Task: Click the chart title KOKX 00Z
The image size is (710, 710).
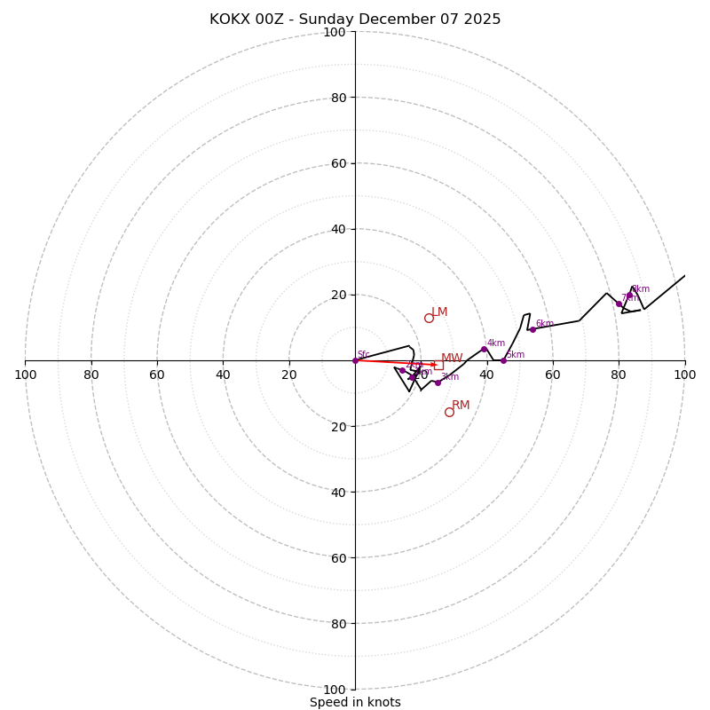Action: (355, 20)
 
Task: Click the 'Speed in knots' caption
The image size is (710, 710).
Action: (355, 702)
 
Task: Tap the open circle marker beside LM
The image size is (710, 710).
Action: (429, 318)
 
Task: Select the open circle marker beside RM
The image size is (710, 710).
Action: (449, 412)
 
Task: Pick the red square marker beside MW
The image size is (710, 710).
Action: (438, 365)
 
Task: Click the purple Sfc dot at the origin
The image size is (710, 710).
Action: (355, 360)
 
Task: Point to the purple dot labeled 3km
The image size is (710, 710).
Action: (438, 383)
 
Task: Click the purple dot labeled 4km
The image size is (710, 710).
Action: (484, 349)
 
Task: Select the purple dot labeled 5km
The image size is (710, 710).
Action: (503, 360)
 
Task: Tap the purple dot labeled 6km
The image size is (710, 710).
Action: (532, 329)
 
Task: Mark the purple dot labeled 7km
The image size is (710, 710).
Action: (619, 304)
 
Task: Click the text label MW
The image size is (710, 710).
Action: (452, 359)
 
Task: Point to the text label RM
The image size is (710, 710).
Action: (461, 406)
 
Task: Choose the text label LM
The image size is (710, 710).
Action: (439, 312)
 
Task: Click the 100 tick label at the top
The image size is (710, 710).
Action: (335, 32)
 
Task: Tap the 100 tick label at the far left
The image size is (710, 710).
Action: (25, 375)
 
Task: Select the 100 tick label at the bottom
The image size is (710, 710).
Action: (335, 690)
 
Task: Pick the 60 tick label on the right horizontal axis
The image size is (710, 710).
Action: (553, 375)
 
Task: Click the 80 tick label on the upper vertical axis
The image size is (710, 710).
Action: (338, 98)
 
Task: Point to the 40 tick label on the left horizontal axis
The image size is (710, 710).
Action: (223, 375)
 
